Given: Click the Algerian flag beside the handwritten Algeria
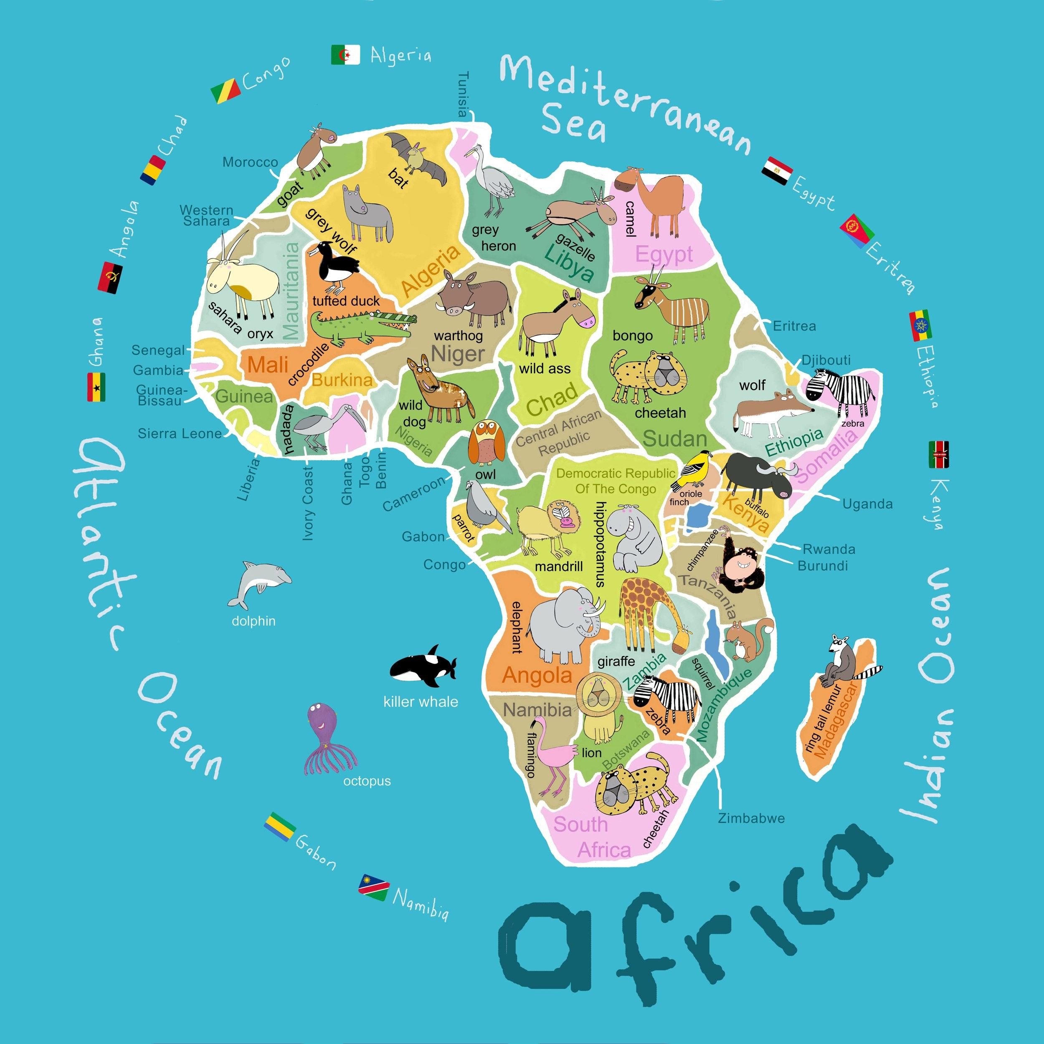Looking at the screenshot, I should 345,55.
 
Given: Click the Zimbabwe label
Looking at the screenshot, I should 751,818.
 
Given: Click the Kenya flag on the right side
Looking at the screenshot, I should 939,454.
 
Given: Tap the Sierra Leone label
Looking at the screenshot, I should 180,433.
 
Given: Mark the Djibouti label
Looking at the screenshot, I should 826,360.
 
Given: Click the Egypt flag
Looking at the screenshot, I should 777,171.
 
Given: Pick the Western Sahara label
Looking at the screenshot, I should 206,215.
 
